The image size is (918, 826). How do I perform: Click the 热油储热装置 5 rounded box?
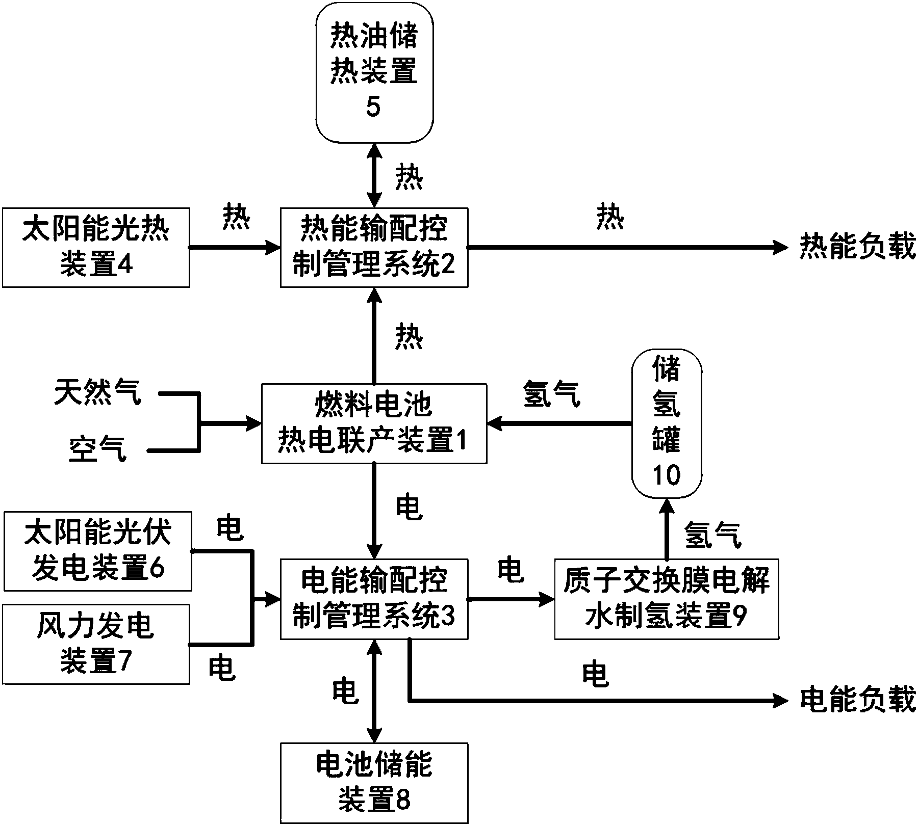click(374, 71)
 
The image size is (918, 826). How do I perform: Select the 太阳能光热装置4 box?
click(96, 247)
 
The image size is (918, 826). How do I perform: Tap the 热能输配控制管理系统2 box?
click(374, 247)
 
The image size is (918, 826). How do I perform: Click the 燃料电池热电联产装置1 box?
click(374, 423)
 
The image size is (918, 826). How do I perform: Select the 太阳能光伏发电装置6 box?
click(98, 551)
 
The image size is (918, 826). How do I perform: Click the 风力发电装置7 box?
click(96, 644)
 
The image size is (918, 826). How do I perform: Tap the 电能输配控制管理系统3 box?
click(374, 599)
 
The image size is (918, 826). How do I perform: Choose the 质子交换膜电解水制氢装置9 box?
click(666, 599)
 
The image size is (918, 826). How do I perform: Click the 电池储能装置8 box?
click(374, 783)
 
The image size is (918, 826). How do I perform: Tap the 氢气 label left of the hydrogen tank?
click(552, 394)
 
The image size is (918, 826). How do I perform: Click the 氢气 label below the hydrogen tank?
click(712, 535)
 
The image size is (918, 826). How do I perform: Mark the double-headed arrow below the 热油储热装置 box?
click(375, 175)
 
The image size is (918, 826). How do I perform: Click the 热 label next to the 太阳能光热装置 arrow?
click(237, 218)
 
